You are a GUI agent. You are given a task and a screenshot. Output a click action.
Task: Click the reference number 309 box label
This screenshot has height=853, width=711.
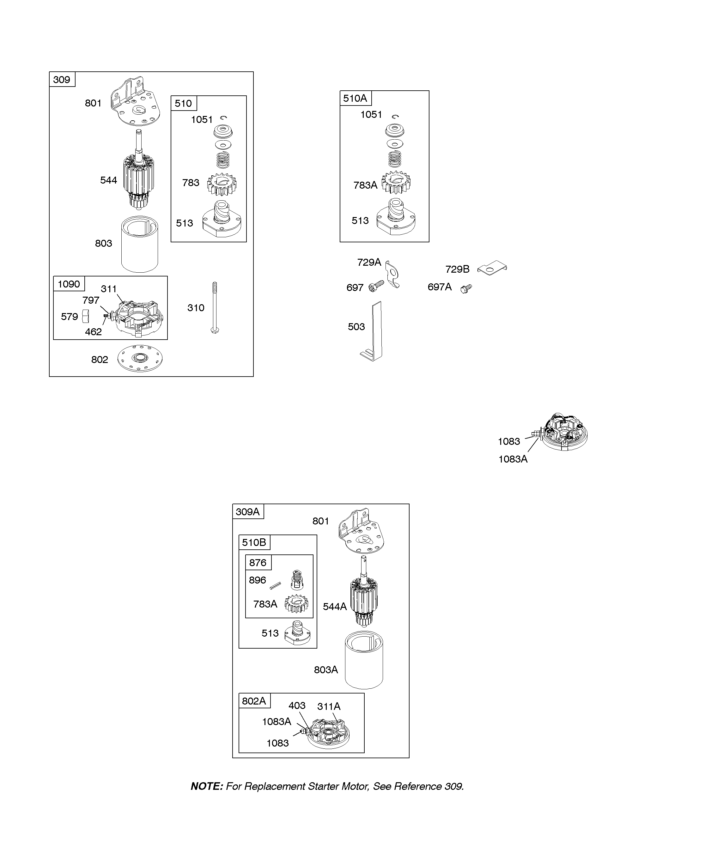[62, 80]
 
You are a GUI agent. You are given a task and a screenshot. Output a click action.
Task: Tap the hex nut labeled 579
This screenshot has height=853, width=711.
[85, 316]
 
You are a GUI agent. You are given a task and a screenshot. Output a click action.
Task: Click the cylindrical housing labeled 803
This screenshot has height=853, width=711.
[140, 245]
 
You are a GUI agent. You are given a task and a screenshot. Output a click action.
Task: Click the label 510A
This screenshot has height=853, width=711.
[355, 98]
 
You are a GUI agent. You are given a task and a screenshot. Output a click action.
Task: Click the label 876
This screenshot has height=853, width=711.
[258, 563]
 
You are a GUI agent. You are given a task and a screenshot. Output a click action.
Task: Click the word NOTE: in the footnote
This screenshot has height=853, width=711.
[207, 786]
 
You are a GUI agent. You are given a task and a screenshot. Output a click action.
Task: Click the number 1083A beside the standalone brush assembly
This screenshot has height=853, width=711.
[513, 459]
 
